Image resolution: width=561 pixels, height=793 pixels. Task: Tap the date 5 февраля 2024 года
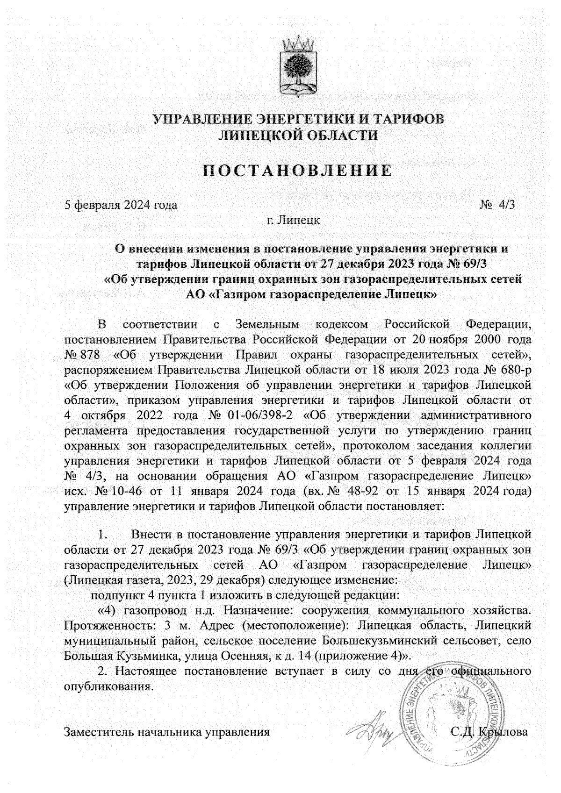point(121,205)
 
